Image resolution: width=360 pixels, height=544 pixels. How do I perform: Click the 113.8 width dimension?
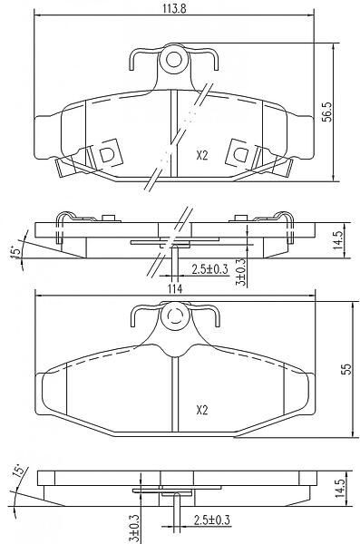coord(175,8)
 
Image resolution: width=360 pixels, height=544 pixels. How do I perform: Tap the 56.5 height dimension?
coord(327,112)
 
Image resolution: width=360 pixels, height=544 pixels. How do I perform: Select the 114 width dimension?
coord(175,288)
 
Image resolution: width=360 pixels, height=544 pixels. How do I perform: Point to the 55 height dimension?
coord(346,369)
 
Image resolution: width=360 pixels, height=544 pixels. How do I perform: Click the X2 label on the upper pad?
coord(201,156)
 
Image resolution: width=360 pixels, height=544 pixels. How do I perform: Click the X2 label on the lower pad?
coord(201,411)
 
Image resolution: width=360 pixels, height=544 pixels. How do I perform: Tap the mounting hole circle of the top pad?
coord(173,60)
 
